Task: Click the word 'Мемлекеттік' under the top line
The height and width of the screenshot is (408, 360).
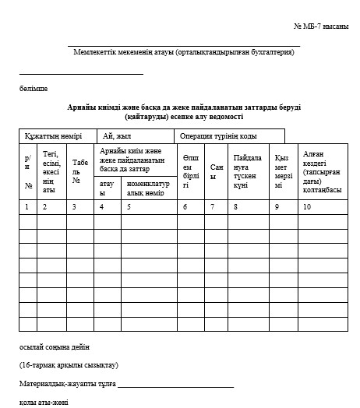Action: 98,52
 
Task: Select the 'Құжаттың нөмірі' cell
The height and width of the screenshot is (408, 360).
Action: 53,135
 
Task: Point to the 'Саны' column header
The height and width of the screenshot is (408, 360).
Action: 217,171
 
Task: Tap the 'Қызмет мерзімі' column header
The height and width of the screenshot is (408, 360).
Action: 282,171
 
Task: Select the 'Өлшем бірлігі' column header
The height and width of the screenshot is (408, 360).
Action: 191,171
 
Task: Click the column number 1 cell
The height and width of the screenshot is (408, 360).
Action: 26,206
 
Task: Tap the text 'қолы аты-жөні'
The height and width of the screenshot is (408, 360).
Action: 44,402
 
